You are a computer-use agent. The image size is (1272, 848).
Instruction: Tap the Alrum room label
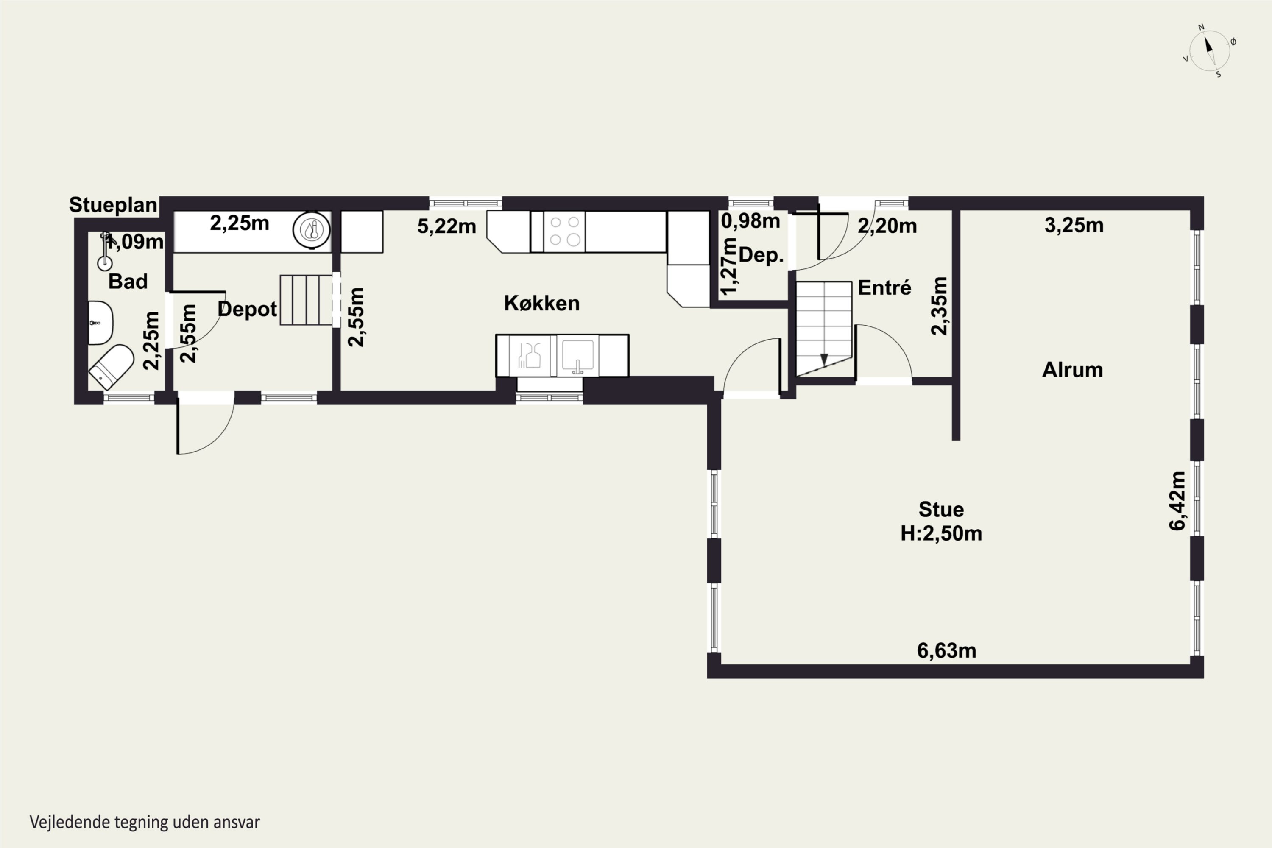[x=1072, y=370]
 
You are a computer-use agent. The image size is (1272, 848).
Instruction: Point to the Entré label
[x=884, y=288]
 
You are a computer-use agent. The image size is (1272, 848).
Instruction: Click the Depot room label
[x=247, y=310]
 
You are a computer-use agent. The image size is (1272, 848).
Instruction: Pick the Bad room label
[x=128, y=281]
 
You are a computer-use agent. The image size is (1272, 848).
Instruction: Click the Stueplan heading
[x=113, y=205]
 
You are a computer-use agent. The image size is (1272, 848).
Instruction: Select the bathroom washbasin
[x=100, y=323]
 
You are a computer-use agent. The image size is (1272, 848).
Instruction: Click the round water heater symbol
[x=312, y=230]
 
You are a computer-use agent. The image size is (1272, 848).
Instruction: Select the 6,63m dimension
[x=946, y=650]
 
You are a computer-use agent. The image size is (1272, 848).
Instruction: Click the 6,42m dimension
[x=1178, y=501]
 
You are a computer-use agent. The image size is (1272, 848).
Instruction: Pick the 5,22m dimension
[x=447, y=226]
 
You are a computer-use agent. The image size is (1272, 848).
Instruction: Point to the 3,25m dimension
[x=1074, y=225]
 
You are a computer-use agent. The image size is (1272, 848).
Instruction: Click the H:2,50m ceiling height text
[x=941, y=533]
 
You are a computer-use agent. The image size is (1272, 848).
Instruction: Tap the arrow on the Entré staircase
[x=824, y=360]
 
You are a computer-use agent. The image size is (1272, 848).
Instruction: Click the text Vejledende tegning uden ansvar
[x=145, y=822]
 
